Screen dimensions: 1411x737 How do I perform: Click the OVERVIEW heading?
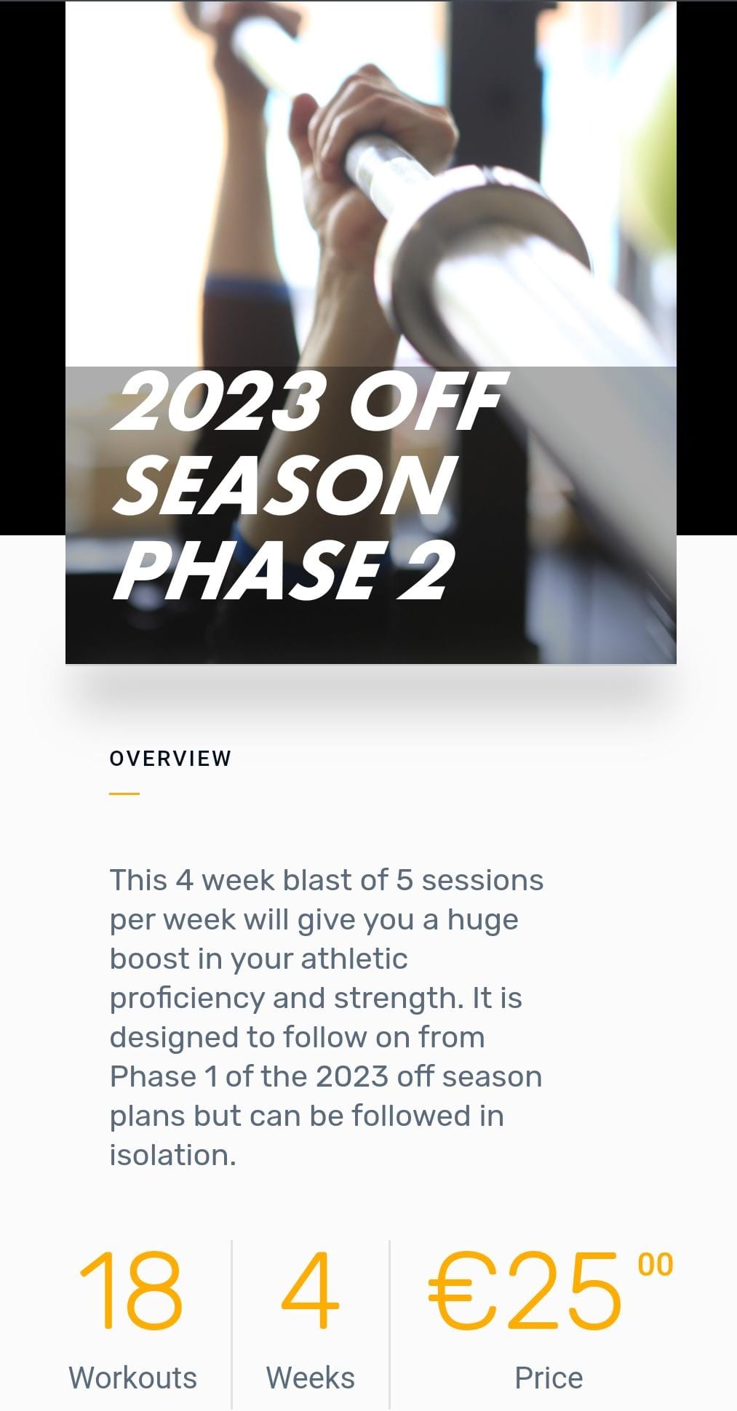tap(170, 759)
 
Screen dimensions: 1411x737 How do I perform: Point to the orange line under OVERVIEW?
tap(124, 794)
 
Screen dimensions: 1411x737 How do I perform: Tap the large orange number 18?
tap(131, 1290)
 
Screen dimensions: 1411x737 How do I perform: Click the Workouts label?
tap(132, 1378)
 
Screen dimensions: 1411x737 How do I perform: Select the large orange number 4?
tap(311, 1290)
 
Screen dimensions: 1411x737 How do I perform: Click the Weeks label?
tap(311, 1378)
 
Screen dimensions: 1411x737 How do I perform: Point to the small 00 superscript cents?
tap(656, 1265)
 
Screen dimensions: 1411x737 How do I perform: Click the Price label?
tap(549, 1378)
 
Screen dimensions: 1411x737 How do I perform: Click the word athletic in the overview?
tap(354, 959)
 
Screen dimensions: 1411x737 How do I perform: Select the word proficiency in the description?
tap(187, 999)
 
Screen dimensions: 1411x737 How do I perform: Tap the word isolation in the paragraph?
tap(172, 1155)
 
